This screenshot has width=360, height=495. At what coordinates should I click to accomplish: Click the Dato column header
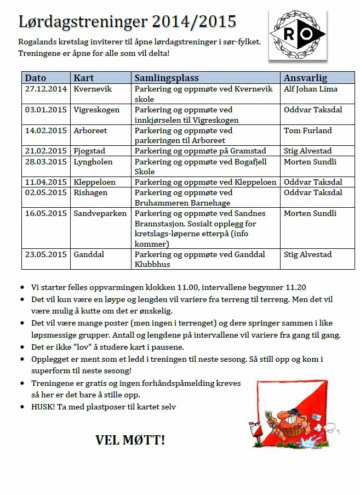point(36,78)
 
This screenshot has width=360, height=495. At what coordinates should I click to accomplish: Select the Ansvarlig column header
point(305,78)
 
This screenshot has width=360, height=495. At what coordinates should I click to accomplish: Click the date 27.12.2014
point(46,89)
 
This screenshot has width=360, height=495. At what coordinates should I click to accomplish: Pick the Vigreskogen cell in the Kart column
point(96,110)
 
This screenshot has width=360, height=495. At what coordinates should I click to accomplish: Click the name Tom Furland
point(307,130)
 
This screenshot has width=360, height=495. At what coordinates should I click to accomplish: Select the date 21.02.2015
point(46,151)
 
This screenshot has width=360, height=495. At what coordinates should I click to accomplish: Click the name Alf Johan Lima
point(310,89)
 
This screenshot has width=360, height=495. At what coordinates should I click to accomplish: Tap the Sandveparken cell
point(100,213)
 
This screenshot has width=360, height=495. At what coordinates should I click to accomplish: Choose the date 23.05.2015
point(46,254)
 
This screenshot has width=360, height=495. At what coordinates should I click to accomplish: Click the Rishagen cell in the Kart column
point(90,192)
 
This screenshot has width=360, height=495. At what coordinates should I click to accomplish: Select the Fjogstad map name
point(89,151)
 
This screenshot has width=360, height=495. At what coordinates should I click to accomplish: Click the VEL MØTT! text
point(130,440)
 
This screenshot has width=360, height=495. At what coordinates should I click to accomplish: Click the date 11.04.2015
point(46,182)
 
